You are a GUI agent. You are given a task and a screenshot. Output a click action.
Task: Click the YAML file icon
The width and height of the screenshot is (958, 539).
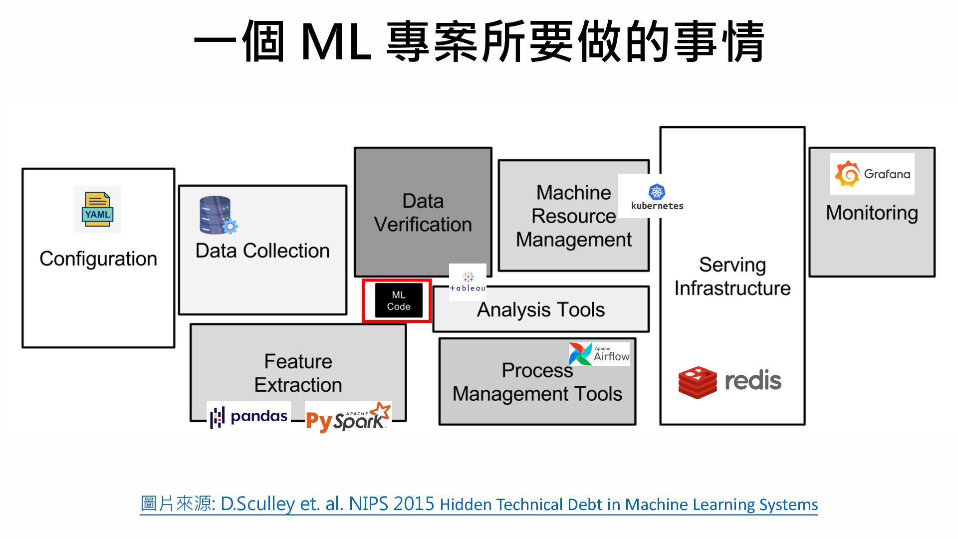point(97,209)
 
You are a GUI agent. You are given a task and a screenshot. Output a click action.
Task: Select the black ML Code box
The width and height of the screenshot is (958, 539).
point(399,300)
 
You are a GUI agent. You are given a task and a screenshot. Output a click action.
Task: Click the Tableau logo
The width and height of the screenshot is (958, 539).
point(468,282)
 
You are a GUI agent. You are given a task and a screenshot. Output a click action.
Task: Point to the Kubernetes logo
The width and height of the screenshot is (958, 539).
point(657,197)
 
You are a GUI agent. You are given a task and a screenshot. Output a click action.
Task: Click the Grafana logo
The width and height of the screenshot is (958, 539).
point(872,174)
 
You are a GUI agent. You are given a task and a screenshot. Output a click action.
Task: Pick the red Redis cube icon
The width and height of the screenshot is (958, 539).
point(698,382)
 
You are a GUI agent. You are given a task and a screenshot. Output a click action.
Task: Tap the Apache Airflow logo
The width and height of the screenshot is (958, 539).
point(599,354)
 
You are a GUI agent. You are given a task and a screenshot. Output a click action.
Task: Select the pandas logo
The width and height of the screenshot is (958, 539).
point(248,417)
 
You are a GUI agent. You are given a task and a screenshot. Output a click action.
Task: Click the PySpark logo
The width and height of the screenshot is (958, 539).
point(348,417)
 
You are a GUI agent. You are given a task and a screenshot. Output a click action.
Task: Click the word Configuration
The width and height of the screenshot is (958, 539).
point(98,259)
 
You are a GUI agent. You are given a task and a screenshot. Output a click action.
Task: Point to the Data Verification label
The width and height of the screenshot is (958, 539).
point(423,213)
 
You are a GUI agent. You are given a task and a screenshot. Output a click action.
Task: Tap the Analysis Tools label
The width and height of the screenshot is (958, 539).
point(541,310)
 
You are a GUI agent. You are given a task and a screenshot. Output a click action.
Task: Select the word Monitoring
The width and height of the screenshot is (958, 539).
point(872,213)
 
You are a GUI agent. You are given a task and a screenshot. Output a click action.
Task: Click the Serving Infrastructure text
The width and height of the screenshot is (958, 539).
point(732,276)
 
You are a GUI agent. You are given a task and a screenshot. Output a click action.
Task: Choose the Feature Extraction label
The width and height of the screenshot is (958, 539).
point(298,373)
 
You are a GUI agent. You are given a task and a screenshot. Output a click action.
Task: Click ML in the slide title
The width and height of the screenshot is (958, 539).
point(336,42)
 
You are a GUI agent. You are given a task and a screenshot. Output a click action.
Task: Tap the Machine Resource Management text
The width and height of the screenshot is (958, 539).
point(574,216)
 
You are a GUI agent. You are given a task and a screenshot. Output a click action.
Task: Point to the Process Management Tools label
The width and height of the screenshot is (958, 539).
point(537,382)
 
